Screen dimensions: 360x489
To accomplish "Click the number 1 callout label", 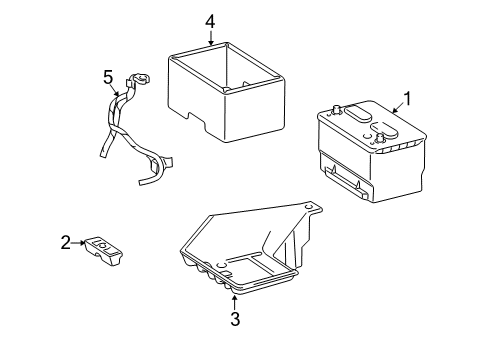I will pyautogui.click(x=407, y=98).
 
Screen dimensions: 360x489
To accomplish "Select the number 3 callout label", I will pyautogui.click(x=235, y=319).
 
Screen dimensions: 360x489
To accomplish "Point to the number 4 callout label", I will pyautogui.click(x=210, y=20).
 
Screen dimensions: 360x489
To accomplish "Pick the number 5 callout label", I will pyautogui.click(x=109, y=75).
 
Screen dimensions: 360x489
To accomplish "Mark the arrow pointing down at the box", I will pyautogui.click(x=210, y=37).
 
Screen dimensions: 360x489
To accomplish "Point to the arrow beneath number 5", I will pyautogui.click(x=116, y=91).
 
